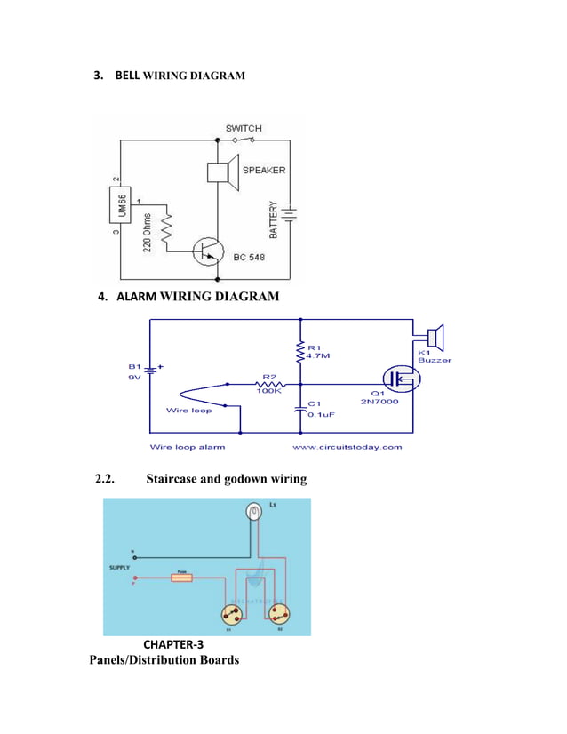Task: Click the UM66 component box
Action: (121, 204)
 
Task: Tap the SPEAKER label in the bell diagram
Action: (264, 171)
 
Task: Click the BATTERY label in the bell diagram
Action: (273, 218)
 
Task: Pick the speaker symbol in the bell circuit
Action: (223, 172)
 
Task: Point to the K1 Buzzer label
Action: (435, 355)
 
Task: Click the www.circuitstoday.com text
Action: (347, 447)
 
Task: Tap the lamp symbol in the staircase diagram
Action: (254, 512)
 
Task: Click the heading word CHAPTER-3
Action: (173, 644)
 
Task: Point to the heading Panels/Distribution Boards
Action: (164, 660)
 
